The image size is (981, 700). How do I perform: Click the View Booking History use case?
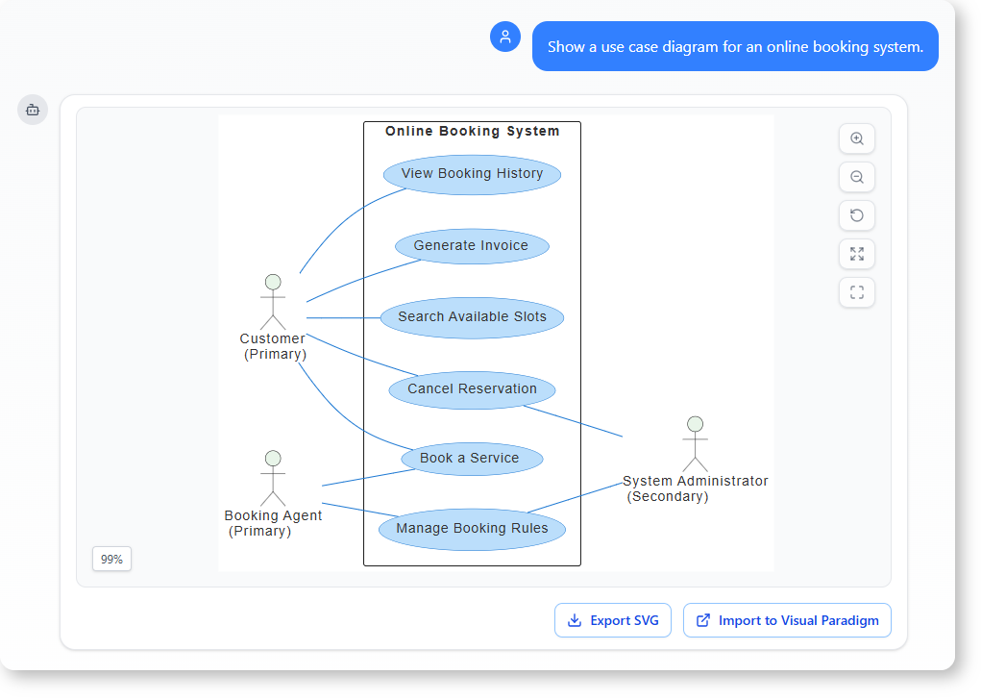(472, 174)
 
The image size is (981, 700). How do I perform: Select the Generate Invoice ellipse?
(472, 246)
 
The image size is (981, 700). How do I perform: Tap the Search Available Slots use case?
(472, 317)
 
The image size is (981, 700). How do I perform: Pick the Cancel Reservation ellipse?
(472, 389)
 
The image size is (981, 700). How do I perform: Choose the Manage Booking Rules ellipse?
(472, 529)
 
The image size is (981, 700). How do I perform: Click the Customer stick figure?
(273, 302)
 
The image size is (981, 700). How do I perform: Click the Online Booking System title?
(472, 131)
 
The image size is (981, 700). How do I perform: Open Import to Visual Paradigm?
(787, 620)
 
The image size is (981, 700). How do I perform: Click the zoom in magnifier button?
(857, 138)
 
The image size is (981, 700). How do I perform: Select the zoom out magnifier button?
(857, 177)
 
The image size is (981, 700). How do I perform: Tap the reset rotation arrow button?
(857, 215)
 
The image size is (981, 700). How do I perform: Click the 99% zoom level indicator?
(111, 559)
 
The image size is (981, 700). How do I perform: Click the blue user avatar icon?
(505, 37)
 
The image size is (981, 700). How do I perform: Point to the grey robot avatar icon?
(33, 110)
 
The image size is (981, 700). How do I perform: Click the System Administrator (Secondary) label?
(695, 488)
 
